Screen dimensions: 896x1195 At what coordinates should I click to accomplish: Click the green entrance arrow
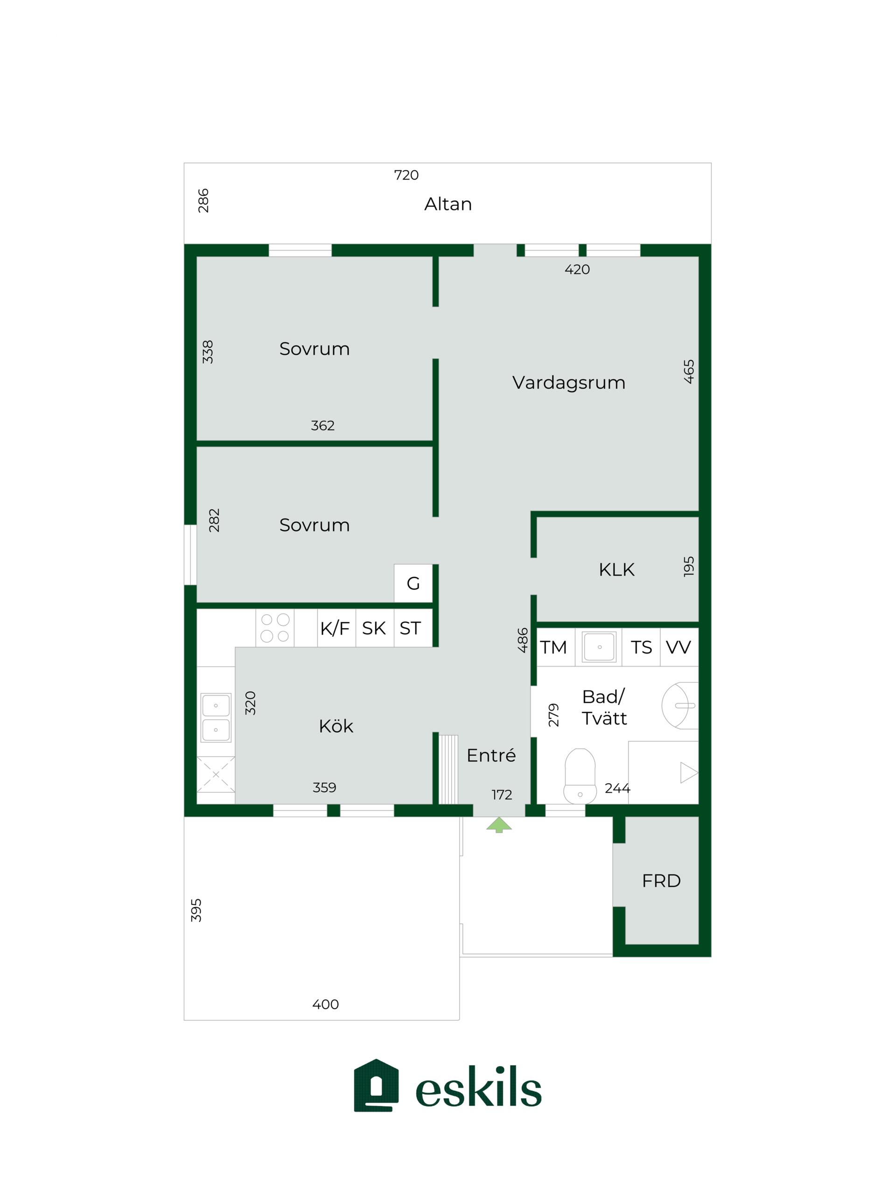[498, 824]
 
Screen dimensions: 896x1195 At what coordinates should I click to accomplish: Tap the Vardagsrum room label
[569, 382]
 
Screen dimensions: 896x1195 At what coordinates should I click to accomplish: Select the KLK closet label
[616, 569]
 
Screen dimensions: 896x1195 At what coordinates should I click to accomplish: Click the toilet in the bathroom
[580, 776]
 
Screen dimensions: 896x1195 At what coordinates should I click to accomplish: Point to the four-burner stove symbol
[275, 628]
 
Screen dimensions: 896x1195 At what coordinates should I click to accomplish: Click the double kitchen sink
[216, 717]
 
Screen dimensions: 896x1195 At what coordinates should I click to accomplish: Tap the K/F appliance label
[335, 628]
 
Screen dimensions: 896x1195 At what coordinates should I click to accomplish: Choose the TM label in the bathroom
[553, 647]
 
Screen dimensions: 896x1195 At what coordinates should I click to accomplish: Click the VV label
[679, 647]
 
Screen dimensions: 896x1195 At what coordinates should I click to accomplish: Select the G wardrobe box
[413, 583]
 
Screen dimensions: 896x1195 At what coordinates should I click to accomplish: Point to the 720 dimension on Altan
[406, 175]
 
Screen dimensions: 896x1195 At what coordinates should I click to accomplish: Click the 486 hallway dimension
[522, 640]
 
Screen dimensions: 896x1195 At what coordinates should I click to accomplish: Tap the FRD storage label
[661, 881]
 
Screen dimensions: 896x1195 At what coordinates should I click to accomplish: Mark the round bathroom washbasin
[680, 705]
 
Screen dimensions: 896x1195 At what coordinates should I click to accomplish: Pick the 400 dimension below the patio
[325, 1004]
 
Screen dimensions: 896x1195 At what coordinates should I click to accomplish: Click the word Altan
[448, 204]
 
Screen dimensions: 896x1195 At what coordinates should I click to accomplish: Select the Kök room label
[336, 726]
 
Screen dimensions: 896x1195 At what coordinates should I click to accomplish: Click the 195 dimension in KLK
[689, 566]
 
